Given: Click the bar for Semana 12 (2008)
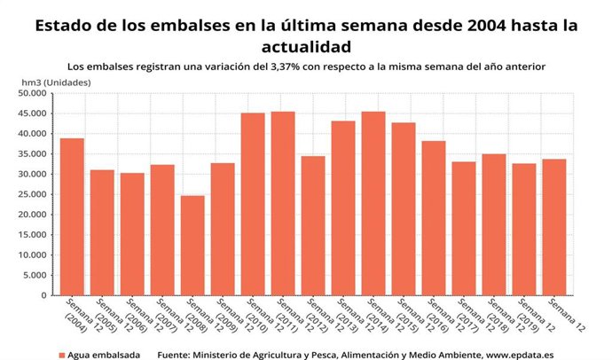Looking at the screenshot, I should [192, 246].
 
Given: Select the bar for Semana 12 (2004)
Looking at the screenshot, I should [72, 217].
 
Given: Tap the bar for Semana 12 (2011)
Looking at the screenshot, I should [283, 204].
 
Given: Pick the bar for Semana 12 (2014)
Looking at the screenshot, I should [373, 204].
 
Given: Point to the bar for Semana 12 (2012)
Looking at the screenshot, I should [313, 226].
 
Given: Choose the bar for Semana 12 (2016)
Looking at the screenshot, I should [434, 218].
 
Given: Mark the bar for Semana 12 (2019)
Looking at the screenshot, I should [524, 230].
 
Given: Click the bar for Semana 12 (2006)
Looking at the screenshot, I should [132, 234].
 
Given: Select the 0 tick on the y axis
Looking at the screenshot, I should [43, 295].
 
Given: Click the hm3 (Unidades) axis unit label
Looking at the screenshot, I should [56, 82].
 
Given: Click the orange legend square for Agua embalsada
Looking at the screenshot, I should [60, 355].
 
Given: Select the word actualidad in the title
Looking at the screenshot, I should [305, 45].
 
